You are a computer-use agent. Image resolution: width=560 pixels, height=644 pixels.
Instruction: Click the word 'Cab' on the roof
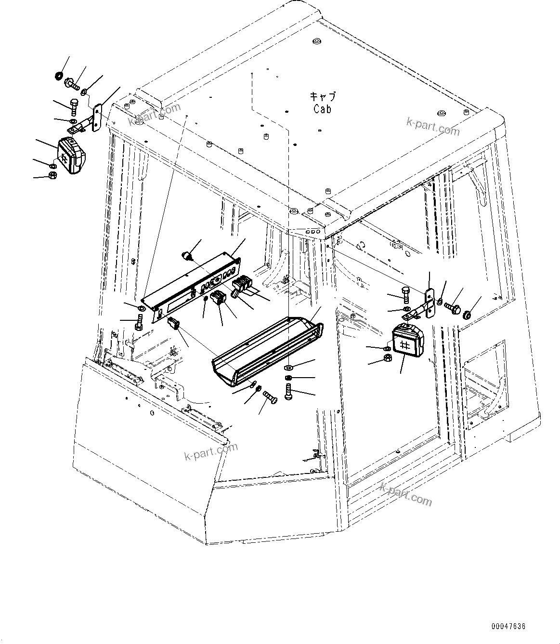pyautogui.click(x=322, y=109)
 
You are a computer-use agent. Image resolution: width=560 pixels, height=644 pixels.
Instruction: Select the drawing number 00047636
pyautogui.click(x=508, y=627)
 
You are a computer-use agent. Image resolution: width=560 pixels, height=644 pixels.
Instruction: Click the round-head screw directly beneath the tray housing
pyautogui.click(x=288, y=391)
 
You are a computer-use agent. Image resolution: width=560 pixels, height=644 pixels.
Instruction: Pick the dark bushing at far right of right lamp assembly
pyautogui.click(x=466, y=315)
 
